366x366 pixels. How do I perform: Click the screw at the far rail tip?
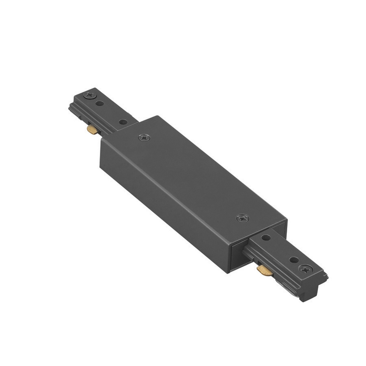(89, 95)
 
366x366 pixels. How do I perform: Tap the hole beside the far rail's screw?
(99, 104)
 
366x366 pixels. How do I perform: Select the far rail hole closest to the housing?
(123, 122)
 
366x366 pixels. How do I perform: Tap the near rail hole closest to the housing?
(266, 238)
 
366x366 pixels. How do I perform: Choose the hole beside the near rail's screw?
(293, 260)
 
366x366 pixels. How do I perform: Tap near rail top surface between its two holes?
(279, 249)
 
